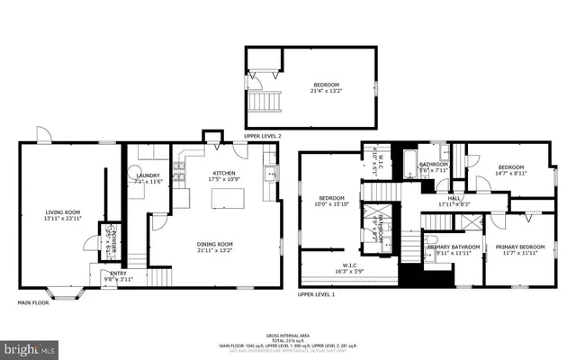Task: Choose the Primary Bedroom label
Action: tap(520, 248)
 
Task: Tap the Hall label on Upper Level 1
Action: tap(454, 200)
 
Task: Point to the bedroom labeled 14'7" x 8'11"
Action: tap(511, 169)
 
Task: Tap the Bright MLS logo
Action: tap(29, 347)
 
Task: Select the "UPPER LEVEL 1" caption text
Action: tap(316, 295)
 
